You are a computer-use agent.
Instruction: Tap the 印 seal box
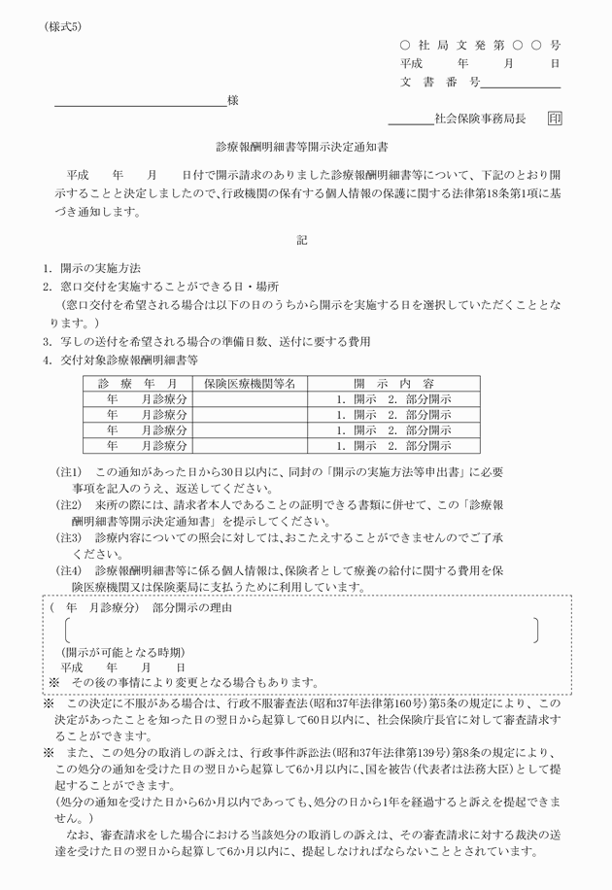coord(554,119)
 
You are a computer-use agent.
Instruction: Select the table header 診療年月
coord(137,384)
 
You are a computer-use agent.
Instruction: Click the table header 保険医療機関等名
coord(250,384)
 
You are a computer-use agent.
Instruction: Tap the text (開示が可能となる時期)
coord(122,651)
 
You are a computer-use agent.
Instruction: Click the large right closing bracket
coord(536,629)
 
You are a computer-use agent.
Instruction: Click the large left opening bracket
coord(67,629)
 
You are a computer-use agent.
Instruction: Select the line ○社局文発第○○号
coord(480,45)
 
